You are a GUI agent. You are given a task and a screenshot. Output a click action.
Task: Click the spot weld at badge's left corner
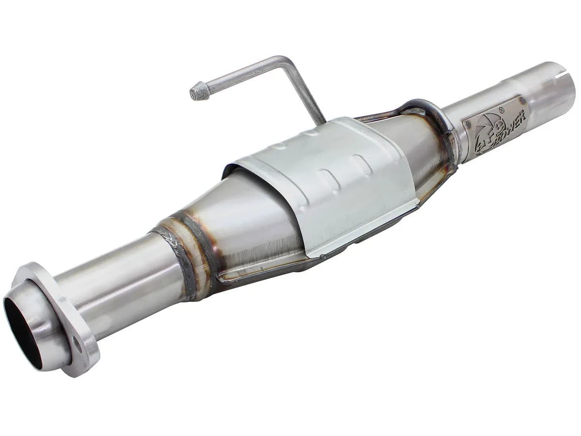click(467, 125)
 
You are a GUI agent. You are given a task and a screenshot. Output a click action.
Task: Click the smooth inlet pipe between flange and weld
click(121, 286)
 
